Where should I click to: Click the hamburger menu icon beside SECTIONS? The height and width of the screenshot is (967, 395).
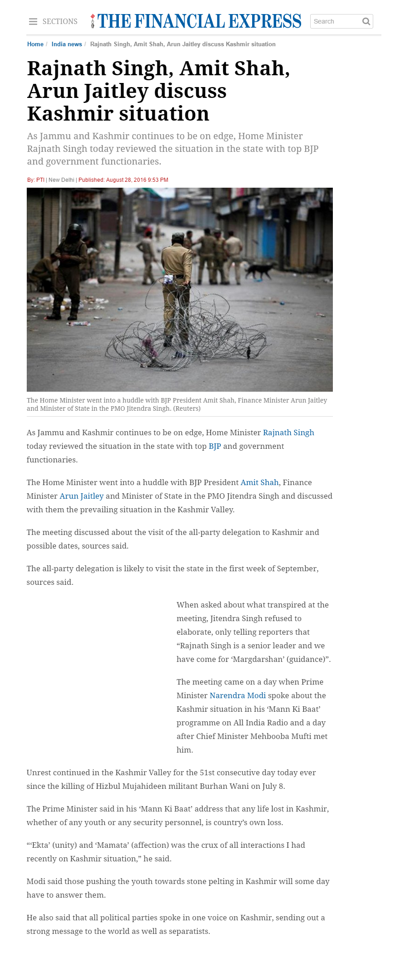33,22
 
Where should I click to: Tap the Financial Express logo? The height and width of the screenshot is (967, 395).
196,21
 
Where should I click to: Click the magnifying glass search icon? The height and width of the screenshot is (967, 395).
366,21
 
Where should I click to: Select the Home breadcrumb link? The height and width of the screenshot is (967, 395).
35,44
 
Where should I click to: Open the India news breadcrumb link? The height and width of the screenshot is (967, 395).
67,44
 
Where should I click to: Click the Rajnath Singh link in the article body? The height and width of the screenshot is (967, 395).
288,432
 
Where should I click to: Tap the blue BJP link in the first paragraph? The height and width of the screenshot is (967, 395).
215,446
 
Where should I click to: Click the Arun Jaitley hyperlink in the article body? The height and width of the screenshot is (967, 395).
82,496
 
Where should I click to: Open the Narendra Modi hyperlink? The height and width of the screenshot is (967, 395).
238,695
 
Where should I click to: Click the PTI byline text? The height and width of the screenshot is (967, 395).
40,180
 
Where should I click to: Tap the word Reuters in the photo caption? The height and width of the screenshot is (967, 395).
187,408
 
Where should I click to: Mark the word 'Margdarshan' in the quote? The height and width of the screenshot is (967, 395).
257,659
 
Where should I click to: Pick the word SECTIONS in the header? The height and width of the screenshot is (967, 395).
60,22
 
